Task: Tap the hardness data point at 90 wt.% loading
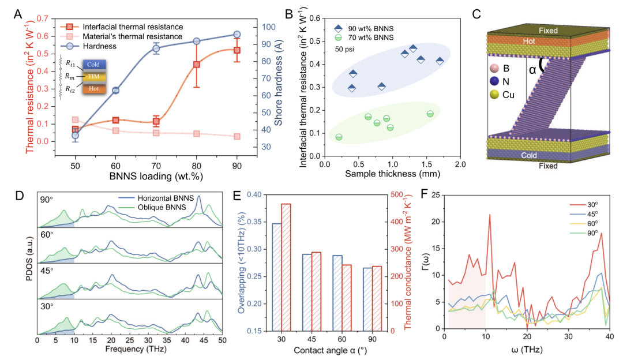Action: (x=237, y=35)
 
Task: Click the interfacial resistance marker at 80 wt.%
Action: (x=197, y=65)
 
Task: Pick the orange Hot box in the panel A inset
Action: (x=94, y=89)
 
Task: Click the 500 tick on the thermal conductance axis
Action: (x=393, y=195)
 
